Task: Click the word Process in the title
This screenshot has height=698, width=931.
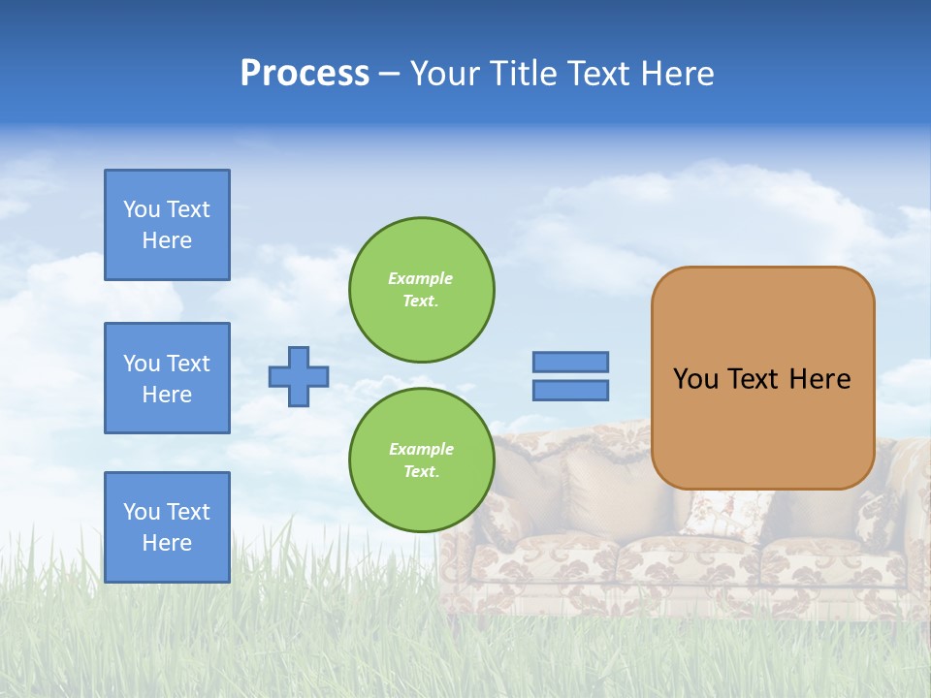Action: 305,74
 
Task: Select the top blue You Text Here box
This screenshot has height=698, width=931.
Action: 167,225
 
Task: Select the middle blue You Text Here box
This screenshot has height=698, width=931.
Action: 167,378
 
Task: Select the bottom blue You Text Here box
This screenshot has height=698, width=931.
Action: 167,527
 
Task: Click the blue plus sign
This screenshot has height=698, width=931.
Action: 299,376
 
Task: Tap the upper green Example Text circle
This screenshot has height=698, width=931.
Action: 421,290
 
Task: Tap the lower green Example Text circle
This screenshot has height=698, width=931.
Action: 421,460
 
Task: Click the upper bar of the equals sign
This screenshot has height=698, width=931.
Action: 570,362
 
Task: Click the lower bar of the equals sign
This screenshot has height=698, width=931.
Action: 570,390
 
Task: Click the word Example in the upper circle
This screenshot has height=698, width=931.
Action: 421,278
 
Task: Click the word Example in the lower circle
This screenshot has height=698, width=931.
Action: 421,449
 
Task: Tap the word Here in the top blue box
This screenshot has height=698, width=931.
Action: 167,240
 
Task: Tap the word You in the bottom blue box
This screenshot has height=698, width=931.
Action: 141,512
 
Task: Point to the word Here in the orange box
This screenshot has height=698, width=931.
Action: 819,379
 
